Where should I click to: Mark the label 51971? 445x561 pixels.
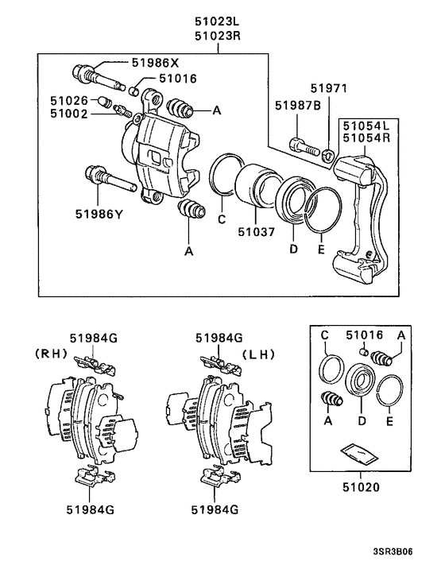(x=329, y=89)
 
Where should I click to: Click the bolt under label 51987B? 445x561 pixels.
(x=300, y=145)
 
